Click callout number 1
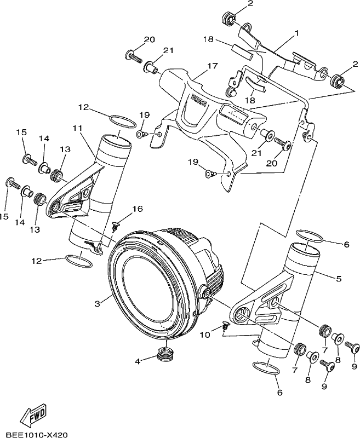296,33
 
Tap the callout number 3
98,304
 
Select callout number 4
138,361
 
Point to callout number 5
339,279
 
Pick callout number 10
205,335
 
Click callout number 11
77,128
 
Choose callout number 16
138,209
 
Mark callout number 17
212,66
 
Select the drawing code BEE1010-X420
37,435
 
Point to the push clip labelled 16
116,227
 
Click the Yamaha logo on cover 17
199,101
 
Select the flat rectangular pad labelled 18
243,51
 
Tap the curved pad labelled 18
255,84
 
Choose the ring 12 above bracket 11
122,122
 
